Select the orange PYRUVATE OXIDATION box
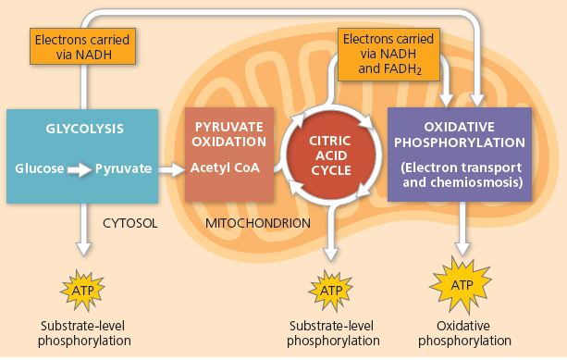tap(229, 155)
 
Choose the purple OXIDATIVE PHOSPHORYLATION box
tap(460, 153)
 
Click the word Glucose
tap(40, 169)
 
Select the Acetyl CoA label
tap(226, 168)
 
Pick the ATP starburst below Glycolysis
tap(82, 290)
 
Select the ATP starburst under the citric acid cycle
tap(332, 290)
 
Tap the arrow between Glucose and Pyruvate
tap(80, 169)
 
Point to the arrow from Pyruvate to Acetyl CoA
tap(169, 169)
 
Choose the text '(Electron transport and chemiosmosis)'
tap(460, 175)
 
